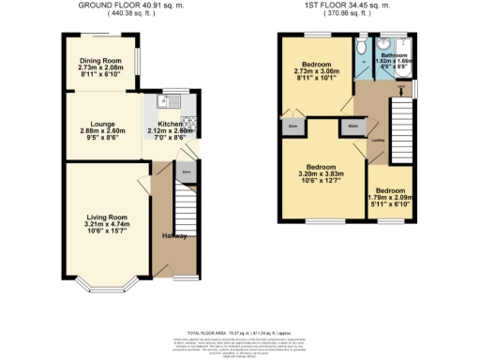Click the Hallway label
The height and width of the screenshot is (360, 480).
[x=174, y=235]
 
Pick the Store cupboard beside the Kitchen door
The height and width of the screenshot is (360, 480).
[x=187, y=173]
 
